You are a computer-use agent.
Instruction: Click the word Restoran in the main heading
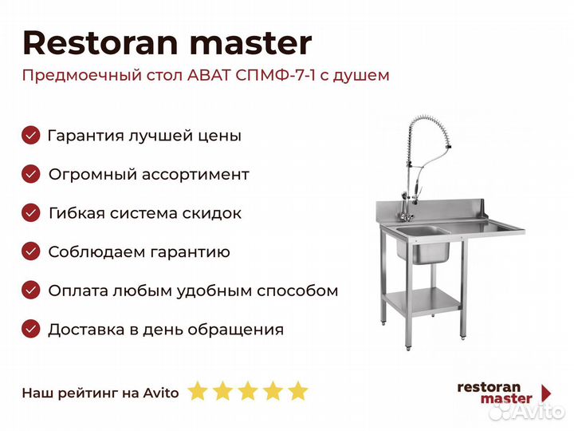coord(100,43)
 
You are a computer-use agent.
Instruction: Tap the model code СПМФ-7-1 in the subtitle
coord(276,76)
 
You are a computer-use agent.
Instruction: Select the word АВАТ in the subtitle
coord(209,76)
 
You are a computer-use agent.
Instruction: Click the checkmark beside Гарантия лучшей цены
coord(31,135)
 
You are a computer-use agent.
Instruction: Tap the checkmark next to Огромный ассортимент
coord(31,174)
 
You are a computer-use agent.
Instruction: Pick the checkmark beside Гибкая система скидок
coord(31,213)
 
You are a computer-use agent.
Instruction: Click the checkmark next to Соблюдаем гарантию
coord(31,251)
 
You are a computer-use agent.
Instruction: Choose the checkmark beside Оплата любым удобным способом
coord(31,291)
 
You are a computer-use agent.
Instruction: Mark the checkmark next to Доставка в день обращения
coord(31,329)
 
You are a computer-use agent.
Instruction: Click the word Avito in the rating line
coord(161,393)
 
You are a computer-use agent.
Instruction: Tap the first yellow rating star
coord(198,390)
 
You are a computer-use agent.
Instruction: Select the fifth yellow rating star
coord(298,390)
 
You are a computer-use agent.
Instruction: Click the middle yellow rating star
coord(248,390)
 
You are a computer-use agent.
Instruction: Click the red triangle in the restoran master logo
coord(546,393)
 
